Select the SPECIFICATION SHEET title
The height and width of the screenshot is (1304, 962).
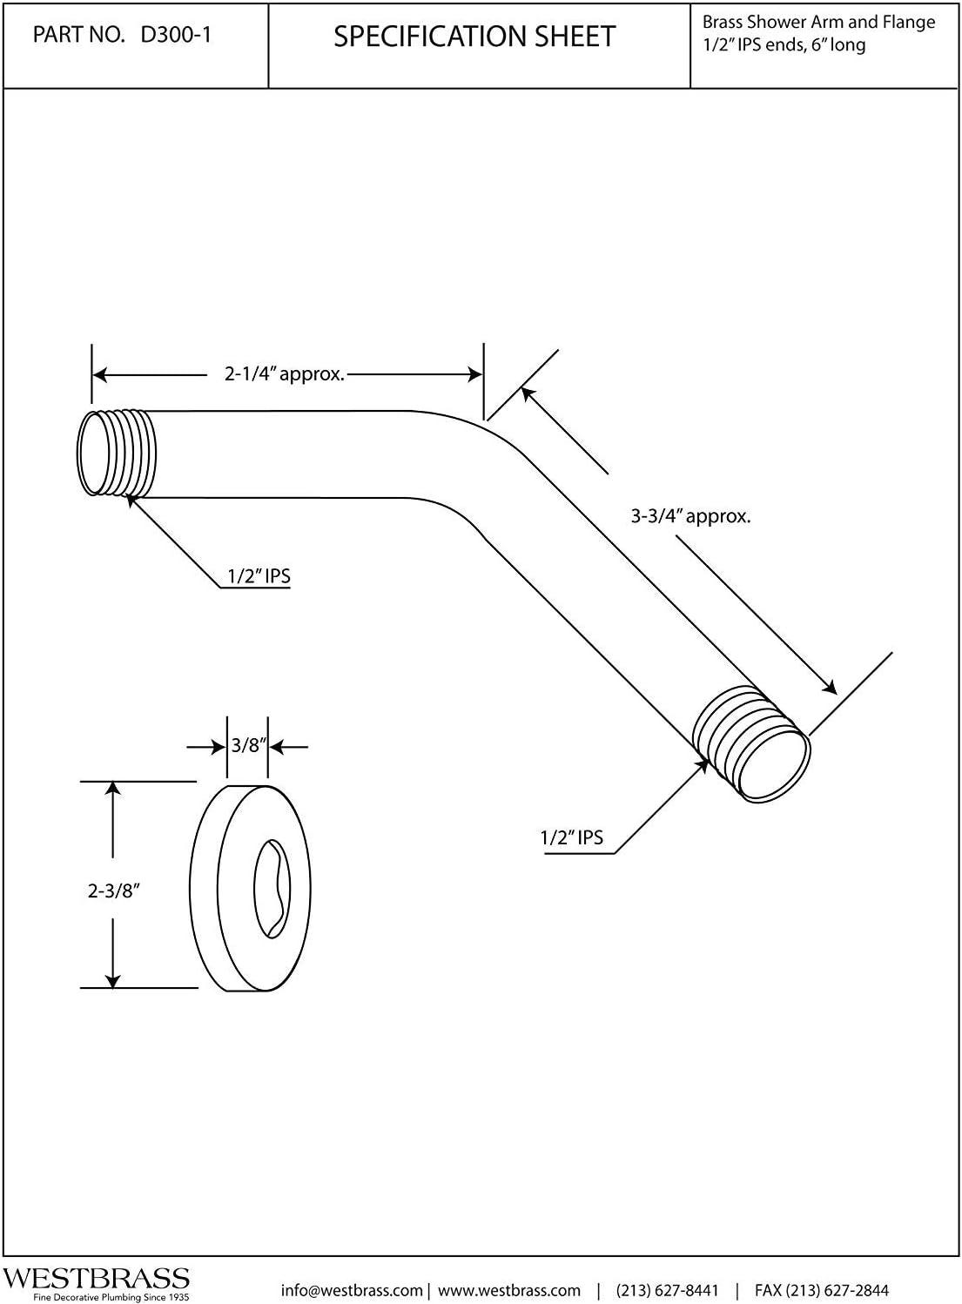click(474, 37)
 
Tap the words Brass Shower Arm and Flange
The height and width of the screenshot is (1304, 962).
click(818, 23)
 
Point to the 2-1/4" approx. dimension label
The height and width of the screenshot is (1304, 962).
click(285, 375)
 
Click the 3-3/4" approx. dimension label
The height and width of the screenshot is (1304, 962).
click(690, 516)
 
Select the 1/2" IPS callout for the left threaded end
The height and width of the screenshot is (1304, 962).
click(259, 576)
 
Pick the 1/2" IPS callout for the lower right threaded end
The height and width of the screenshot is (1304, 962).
click(571, 838)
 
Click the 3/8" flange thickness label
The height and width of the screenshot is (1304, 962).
click(247, 746)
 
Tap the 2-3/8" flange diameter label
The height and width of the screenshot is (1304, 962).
click(114, 891)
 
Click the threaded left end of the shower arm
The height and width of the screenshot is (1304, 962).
click(118, 454)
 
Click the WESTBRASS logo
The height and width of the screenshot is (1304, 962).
click(96, 1278)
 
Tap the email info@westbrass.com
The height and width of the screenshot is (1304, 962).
click(351, 1290)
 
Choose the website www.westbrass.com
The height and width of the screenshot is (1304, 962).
click(508, 1290)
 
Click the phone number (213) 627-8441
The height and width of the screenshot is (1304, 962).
click(667, 1290)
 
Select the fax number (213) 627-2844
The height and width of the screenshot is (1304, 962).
click(822, 1290)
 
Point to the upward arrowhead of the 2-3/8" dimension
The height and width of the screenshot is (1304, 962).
click(111, 789)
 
